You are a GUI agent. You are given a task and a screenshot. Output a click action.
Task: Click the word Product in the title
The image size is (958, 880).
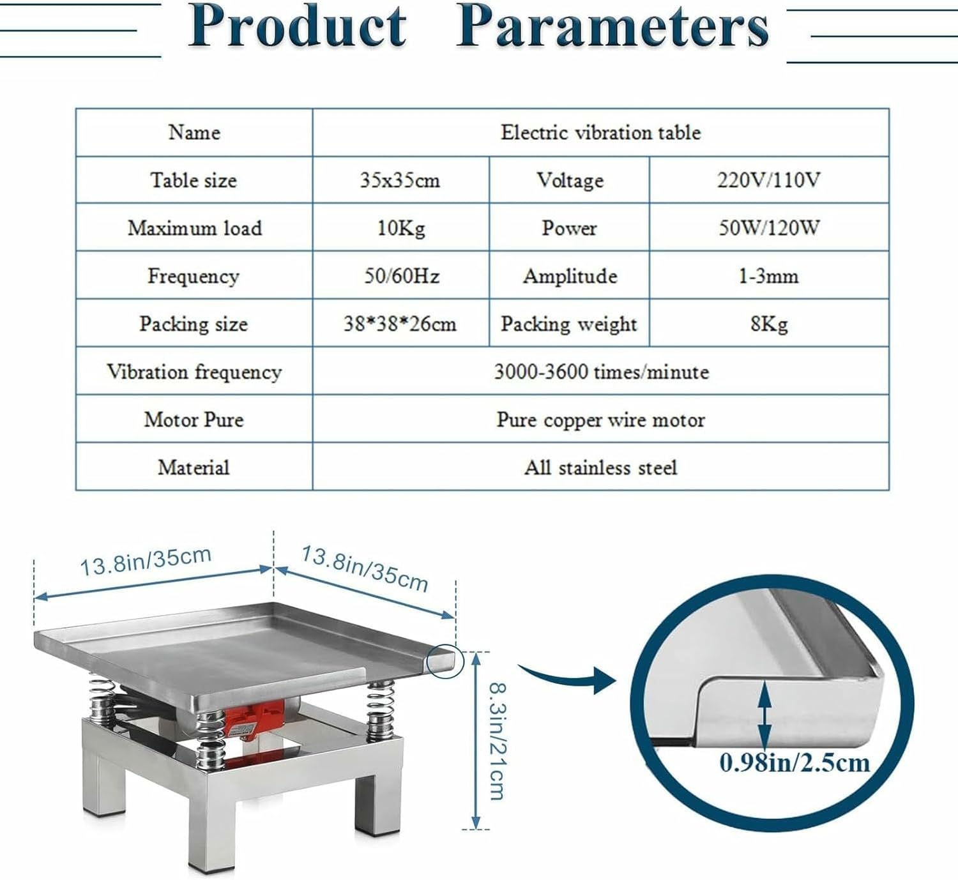point(298,27)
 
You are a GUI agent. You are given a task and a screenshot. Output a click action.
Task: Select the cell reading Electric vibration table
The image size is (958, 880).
point(600,132)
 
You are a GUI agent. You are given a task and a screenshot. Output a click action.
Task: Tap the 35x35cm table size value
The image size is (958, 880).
point(400,180)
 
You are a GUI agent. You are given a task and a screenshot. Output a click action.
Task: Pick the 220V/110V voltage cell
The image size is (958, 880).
point(768,180)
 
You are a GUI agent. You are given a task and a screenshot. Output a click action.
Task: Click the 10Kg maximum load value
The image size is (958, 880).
point(400,228)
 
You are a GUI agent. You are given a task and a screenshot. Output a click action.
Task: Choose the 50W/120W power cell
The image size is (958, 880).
point(768,228)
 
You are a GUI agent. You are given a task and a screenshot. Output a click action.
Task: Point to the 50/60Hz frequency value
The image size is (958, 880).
point(401,276)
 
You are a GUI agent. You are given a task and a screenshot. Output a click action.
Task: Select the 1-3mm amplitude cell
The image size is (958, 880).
point(768,276)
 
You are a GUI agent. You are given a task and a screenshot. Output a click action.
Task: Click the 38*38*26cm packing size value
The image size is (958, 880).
point(400,324)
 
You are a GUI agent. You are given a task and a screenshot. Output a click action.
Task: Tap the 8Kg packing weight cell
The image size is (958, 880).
point(768,324)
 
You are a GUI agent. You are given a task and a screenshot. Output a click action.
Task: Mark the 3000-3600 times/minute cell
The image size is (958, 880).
point(600,372)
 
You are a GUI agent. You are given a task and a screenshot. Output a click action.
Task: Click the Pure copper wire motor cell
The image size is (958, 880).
point(600,420)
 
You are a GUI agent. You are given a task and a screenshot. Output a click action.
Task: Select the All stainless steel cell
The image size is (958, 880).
point(600,467)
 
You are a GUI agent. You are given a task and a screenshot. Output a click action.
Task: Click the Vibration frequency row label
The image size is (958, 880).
point(194,372)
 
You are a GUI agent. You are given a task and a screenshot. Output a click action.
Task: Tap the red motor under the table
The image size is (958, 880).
point(254,718)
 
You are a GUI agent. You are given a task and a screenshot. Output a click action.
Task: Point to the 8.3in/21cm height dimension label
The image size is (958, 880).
point(498,741)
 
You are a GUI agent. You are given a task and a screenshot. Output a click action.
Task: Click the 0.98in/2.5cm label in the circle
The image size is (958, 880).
point(795,762)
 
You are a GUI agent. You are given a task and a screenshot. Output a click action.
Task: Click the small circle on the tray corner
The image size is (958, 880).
point(445,660)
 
